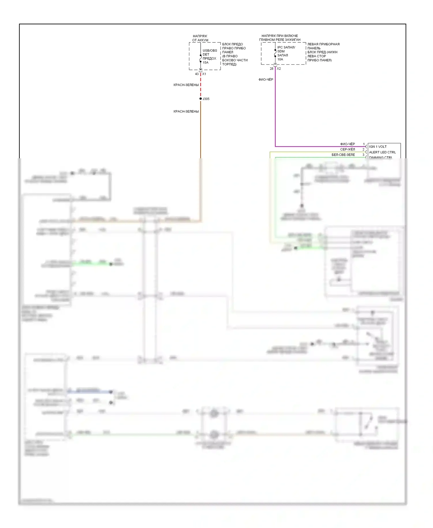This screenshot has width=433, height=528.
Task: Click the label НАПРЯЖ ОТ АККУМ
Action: click(x=200, y=38)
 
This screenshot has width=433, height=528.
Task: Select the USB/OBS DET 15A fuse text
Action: click(x=210, y=56)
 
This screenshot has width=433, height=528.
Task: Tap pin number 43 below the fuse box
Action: click(x=197, y=74)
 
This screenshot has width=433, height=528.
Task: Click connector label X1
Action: click(x=204, y=74)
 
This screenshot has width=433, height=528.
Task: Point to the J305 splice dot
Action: click(x=201, y=99)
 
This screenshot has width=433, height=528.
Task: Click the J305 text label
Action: click(x=206, y=99)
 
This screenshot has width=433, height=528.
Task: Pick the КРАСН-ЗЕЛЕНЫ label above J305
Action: click(x=186, y=85)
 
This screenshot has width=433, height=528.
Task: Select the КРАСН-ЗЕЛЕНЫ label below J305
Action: click(x=186, y=111)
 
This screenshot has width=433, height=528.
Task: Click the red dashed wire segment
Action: click(x=201, y=87)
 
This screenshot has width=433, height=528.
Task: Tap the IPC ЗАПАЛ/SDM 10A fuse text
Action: click(x=286, y=53)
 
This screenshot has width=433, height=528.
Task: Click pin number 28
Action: click(x=271, y=69)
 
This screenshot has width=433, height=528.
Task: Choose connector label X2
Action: click(x=279, y=69)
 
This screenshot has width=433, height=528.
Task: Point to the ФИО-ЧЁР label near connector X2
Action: click(x=266, y=79)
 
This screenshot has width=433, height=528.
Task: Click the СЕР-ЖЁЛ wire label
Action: click(x=348, y=149)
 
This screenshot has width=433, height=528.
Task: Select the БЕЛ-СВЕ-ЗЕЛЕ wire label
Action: click(x=343, y=155)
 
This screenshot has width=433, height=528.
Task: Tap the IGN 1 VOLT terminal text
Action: click(x=378, y=147)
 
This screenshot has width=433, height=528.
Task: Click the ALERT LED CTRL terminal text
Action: click(x=382, y=152)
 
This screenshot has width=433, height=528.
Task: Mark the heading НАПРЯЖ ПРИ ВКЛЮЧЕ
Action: click(x=280, y=36)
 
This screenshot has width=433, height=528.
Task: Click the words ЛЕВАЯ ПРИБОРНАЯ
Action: click(x=323, y=44)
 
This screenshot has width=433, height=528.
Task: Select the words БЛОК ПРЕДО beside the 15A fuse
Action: click(x=232, y=44)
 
